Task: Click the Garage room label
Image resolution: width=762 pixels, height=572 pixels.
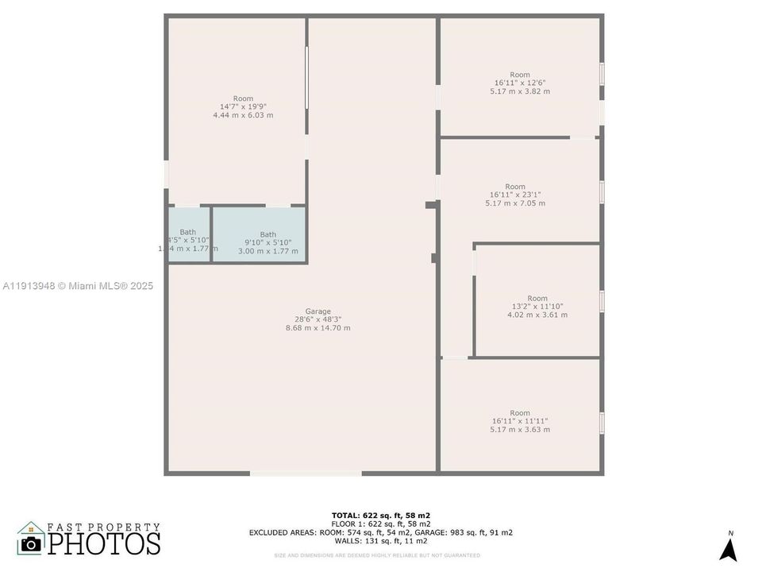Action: [x=317, y=311]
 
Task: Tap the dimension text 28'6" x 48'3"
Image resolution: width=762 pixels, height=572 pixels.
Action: [x=317, y=319]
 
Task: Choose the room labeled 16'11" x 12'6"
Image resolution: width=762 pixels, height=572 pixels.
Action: [x=520, y=83]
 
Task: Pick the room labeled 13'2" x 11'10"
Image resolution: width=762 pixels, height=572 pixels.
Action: [x=537, y=306]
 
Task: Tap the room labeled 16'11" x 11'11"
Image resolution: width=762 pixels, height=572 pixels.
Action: [x=520, y=421]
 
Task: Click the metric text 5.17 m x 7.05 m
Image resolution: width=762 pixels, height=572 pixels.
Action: [x=515, y=203]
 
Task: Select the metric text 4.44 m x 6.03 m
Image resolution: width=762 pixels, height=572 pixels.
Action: [x=243, y=115]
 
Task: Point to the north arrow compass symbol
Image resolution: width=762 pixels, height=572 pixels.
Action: [x=728, y=547]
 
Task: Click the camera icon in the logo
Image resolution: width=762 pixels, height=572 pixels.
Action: [x=31, y=543]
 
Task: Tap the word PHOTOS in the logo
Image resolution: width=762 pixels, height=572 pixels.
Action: [x=104, y=543]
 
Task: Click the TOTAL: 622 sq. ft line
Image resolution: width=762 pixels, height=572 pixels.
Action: [x=381, y=515]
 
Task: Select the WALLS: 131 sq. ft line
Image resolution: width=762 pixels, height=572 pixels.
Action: [x=381, y=541]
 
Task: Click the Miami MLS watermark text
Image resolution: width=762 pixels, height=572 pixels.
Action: [x=78, y=286]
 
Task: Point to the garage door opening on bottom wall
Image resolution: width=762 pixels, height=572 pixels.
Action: [x=306, y=473]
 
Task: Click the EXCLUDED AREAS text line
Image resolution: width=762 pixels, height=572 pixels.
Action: [x=381, y=532]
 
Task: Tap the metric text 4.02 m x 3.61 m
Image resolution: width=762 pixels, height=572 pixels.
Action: [x=537, y=315]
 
